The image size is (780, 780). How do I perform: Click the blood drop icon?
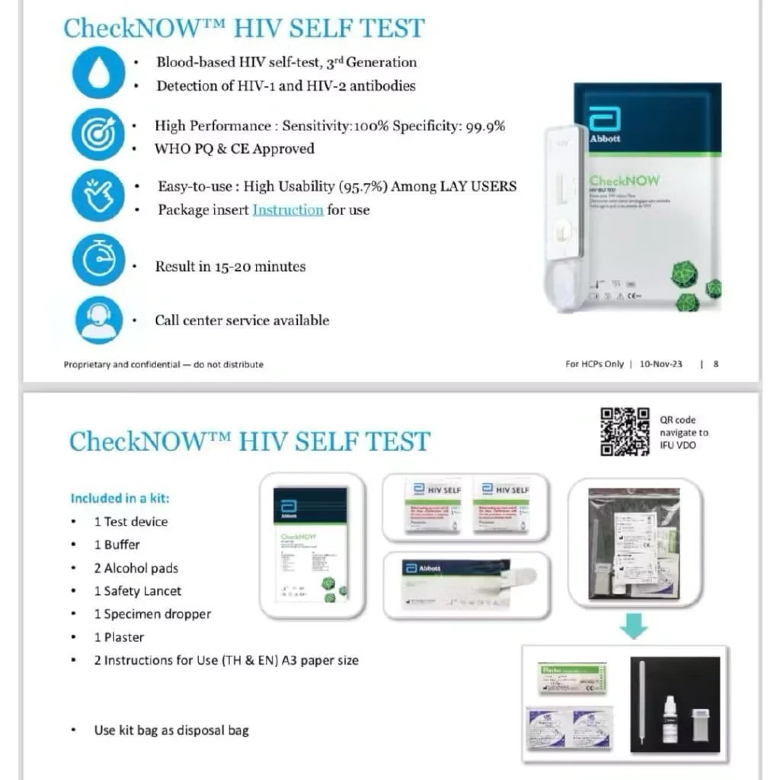click(x=98, y=72)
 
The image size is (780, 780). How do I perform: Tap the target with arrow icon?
click(x=98, y=134)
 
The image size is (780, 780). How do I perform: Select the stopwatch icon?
click(x=98, y=260)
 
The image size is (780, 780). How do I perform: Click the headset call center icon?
click(x=98, y=320)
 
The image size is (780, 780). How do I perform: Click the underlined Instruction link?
click(x=288, y=209)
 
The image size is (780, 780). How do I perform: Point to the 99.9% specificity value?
click(x=484, y=126)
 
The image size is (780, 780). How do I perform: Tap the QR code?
click(x=625, y=432)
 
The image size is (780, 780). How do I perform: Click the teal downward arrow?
click(x=633, y=625)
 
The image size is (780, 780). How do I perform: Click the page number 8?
click(x=715, y=364)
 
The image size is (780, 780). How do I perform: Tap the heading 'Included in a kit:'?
click(x=120, y=498)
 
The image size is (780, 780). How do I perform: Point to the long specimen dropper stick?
click(x=642, y=705)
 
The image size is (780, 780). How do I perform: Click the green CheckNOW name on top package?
click(x=624, y=181)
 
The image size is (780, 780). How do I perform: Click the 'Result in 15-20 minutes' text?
click(x=230, y=267)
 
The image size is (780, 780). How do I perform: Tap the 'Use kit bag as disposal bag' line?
click(x=171, y=730)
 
